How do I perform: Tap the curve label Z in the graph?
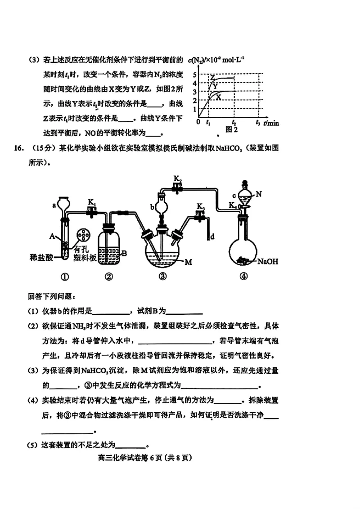pos(211,77)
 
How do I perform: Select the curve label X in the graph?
pos(219,97)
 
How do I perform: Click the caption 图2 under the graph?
pos(231,129)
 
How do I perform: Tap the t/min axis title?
pos(271,122)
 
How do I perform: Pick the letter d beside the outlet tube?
pos(212,236)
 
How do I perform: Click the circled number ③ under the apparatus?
pos(162,277)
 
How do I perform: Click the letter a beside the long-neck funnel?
pos(54,205)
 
